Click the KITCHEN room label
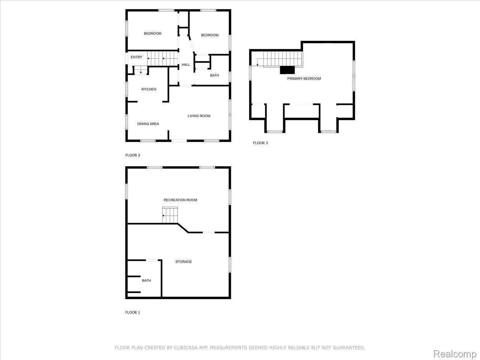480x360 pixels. tap(149, 89)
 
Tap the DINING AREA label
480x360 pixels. tap(148, 124)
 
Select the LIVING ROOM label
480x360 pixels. tap(199, 116)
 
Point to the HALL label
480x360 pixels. tap(186, 65)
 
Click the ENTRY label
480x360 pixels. tap(136, 57)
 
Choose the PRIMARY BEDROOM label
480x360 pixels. tap(304, 79)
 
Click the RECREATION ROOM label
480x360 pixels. tap(180, 200)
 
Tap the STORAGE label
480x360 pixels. tap(184, 262)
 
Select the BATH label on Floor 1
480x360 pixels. tap(146, 280)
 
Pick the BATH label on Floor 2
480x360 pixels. tap(214, 75)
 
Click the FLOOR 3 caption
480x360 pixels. tap(260, 143)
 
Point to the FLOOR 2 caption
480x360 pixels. tap(133, 155)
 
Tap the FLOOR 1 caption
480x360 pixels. tap(133, 312)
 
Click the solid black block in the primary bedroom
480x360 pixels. tap(288, 70)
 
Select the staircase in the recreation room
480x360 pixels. tap(169, 215)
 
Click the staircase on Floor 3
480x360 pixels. tap(282, 59)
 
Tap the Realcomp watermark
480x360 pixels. tap(455, 354)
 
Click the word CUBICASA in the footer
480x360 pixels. tap(186, 348)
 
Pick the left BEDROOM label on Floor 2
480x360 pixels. tap(153, 34)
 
